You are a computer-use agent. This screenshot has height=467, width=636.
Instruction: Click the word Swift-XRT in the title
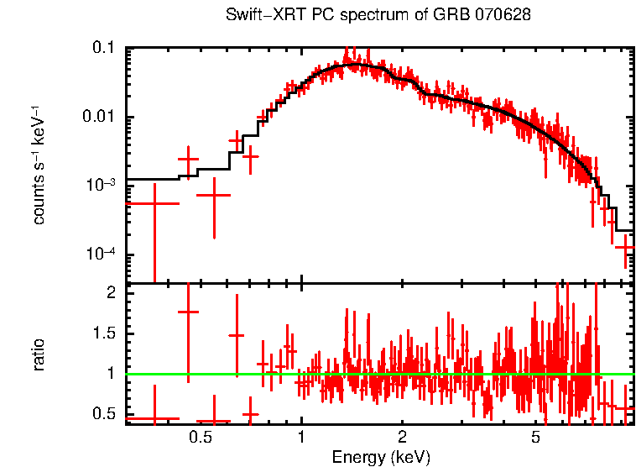[258, 16]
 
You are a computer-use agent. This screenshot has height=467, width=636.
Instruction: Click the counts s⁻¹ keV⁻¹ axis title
[39, 165]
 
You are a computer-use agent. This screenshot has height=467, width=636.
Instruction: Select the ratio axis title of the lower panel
[39, 354]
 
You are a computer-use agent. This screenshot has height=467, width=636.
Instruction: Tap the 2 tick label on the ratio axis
[110, 292]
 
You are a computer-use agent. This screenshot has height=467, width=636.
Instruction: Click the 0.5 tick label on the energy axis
[201, 438]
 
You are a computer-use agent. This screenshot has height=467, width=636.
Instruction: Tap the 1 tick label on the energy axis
[302, 438]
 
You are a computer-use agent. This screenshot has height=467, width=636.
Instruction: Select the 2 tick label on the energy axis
[403, 438]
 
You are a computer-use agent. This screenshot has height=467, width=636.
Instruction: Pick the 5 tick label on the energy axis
[535, 438]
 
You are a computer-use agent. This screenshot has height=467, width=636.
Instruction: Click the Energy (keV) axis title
[381, 457]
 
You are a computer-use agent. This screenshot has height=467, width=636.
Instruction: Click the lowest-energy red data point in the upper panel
[154, 203]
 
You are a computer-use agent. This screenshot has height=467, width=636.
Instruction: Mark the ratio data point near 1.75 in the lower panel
[188, 312]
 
